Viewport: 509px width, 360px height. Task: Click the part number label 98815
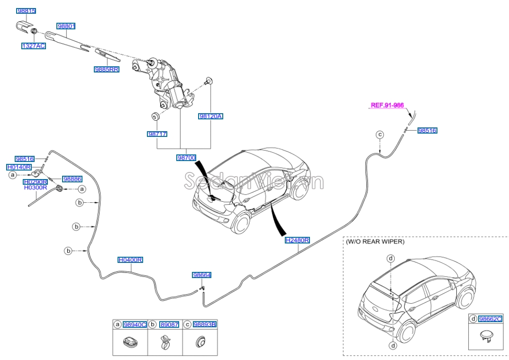pyautogui.click(x=26, y=10)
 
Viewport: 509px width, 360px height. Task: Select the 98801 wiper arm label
pyautogui.click(x=66, y=27)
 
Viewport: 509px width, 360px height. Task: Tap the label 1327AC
pyautogui.click(x=33, y=46)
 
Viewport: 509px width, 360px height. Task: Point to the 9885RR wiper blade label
pyautogui.click(x=106, y=69)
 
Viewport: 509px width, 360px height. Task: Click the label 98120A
pyautogui.click(x=210, y=116)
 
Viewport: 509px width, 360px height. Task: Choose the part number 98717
pyautogui.click(x=157, y=134)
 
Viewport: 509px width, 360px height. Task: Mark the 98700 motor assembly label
pyautogui.click(x=186, y=157)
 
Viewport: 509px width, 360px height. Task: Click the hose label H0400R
pyautogui.click(x=130, y=260)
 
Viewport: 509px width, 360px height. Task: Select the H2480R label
pyautogui.click(x=297, y=241)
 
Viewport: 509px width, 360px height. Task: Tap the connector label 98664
pyautogui.click(x=201, y=275)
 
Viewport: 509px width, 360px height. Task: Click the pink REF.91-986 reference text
pyautogui.click(x=387, y=106)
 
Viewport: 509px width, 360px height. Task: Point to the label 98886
pyautogui.click(x=72, y=179)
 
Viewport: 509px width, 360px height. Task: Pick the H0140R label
pyautogui.click(x=19, y=167)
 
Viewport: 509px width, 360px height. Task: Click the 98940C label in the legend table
pyautogui.click(x=135, y=324)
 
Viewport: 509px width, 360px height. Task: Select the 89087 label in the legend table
pyautogui.click(x=170, y=324)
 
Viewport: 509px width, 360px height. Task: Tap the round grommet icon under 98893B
pyautogui.click(x=200, y=342)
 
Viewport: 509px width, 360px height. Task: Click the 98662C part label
pyautogui.click(x=490, y=319)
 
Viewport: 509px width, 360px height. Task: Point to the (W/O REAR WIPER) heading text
pyautogui.click(x=375, y=242)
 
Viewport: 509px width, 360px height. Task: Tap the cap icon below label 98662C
pyautogui.click(x=484, y=337)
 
